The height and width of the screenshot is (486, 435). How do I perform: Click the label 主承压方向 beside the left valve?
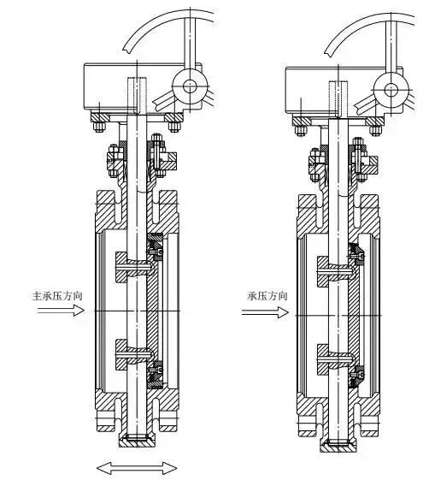(x=57, y=295)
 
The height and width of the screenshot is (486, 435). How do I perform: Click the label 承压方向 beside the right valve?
(x=267, y=296)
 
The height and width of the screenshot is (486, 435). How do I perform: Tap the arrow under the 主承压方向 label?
(x=61, y=311)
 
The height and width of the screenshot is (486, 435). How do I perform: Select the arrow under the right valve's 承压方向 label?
(x=265, y=312)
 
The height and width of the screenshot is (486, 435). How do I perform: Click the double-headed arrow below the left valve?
(x=137, y=468)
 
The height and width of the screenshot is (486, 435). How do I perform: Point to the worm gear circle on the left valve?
(x=189, y=86)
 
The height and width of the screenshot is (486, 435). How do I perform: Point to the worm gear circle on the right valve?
(x=391, y=90)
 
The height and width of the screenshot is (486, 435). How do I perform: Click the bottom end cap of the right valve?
(x=338, y=445)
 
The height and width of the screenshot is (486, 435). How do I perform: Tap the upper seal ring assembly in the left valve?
(x=156, y=247)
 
